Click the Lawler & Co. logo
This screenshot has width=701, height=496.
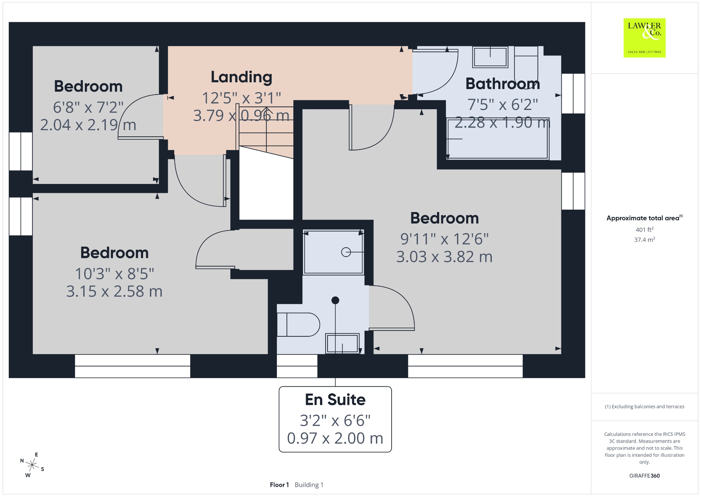[x=645, y=38]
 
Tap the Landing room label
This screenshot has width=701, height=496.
[x=241, y=77]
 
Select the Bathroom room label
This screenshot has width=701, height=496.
[x=502, y=84]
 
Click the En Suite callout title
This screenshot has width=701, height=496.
[x=335, y=399]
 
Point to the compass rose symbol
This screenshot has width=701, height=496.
[x=32, y=465]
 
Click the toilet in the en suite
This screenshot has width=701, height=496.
[x=298, y=324]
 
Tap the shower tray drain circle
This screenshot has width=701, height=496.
[x=346, y=252]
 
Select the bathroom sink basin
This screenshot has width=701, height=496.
[x=490, y=57]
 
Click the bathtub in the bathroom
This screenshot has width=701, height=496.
[x=498, y=138]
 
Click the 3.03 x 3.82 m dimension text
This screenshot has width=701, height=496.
[x=444, y=257]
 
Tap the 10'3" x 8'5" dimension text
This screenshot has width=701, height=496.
[x=114, y=274]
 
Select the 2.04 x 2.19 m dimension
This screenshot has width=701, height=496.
[x=88, y=125]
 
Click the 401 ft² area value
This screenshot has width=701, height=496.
[x=645, y=230]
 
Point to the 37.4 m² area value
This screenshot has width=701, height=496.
[x=645, y=239]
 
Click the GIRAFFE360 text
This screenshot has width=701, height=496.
[x=645, y=475]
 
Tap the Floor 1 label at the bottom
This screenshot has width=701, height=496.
[x=279, y=485]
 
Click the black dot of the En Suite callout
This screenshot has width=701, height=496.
[x=335, y=300]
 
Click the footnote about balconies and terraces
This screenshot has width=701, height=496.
[x=645, y=407]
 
